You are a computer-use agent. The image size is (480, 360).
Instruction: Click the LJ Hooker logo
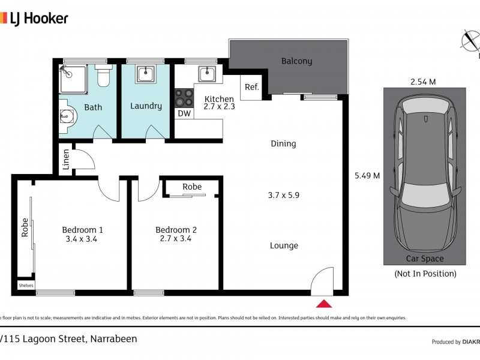[x=34, y=18]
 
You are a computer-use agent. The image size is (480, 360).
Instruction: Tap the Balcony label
[x=296, y=61]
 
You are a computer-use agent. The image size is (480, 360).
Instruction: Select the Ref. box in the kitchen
[x=251, y=88]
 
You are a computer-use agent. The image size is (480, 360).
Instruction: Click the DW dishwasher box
[x=184, y=113]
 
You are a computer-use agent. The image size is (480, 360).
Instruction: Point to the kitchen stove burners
[x=184, y=97]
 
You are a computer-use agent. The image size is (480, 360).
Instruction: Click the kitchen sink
[x=206, y=74]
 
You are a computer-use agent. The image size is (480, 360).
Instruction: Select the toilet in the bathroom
[x=103, y=76]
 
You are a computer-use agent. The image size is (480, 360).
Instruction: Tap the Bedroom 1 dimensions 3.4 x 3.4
[x=83, y=239]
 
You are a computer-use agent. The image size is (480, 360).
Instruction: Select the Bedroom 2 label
[x=176, y=230]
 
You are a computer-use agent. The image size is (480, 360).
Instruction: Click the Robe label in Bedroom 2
[x=192, y=187]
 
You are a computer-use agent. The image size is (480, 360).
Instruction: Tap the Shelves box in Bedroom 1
[x=26, y=285]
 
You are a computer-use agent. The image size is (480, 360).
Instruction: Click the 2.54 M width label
[x=422, y=82]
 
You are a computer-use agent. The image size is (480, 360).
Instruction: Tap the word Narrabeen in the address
[x=114, y=339]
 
